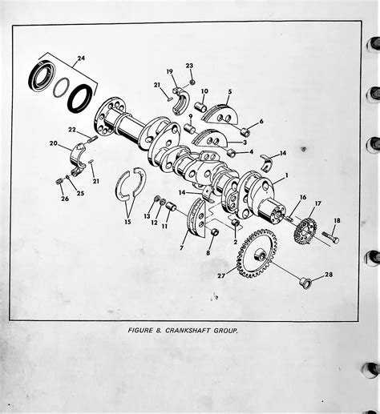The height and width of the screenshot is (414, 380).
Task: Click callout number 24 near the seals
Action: pyautogui.click(x=80, y=58)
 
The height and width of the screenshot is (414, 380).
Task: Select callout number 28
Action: pyautogui.click(x=328, y=275)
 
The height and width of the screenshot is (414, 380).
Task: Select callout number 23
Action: pyautogui.click(x=189, y=66)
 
